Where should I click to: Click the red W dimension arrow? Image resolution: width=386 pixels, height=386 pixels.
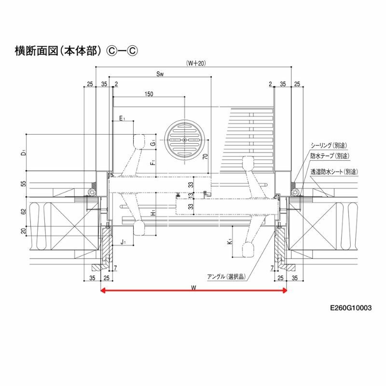tap(193, 290)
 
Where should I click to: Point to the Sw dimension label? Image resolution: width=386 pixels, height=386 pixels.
tap(161, 75)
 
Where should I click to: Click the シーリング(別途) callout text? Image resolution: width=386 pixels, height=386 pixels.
tap(329, 145)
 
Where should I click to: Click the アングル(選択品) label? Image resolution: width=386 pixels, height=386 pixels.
tap(226, 276)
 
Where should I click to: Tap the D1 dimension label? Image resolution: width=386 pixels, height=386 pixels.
tap(23, 153)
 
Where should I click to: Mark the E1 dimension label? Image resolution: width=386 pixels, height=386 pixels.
tap(123, 118)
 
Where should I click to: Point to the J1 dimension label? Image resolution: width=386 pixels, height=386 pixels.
tap(123, 242)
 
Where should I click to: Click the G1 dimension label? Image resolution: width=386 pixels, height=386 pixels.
tap(152, 143)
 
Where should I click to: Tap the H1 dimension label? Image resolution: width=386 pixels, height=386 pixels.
tap(152, 213)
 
